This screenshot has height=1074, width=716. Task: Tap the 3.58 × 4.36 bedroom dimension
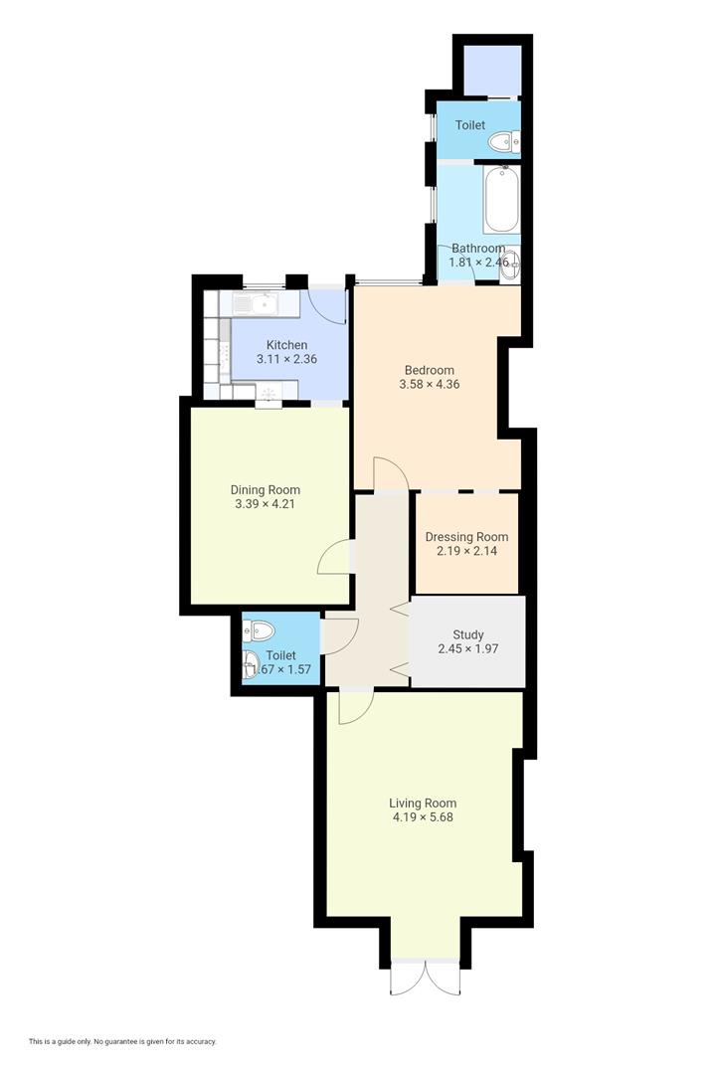tap(429, 384)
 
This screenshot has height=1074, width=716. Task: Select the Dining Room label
tap(265, 489)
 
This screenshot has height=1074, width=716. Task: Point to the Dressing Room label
tap(466, 537)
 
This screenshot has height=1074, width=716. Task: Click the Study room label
tap(467, 634)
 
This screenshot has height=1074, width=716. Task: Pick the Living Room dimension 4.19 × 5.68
tap(423, 817)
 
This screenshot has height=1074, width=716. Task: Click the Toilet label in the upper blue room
tap(469, 125)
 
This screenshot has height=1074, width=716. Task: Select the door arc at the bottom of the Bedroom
tap(390, 473)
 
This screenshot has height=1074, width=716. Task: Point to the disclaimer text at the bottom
tap(122, 1041)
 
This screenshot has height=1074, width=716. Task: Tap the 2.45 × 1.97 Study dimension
tap(467, 648)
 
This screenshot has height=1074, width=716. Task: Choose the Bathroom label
tap(477, 248)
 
